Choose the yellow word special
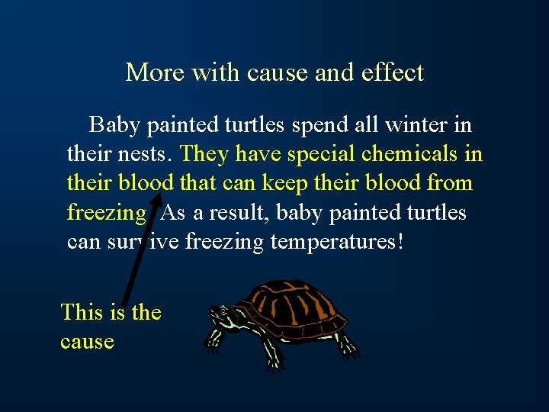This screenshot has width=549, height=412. pyautogui.click(x=320, y=154)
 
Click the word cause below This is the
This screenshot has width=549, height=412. pyautogui.click(x=87, y=341)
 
